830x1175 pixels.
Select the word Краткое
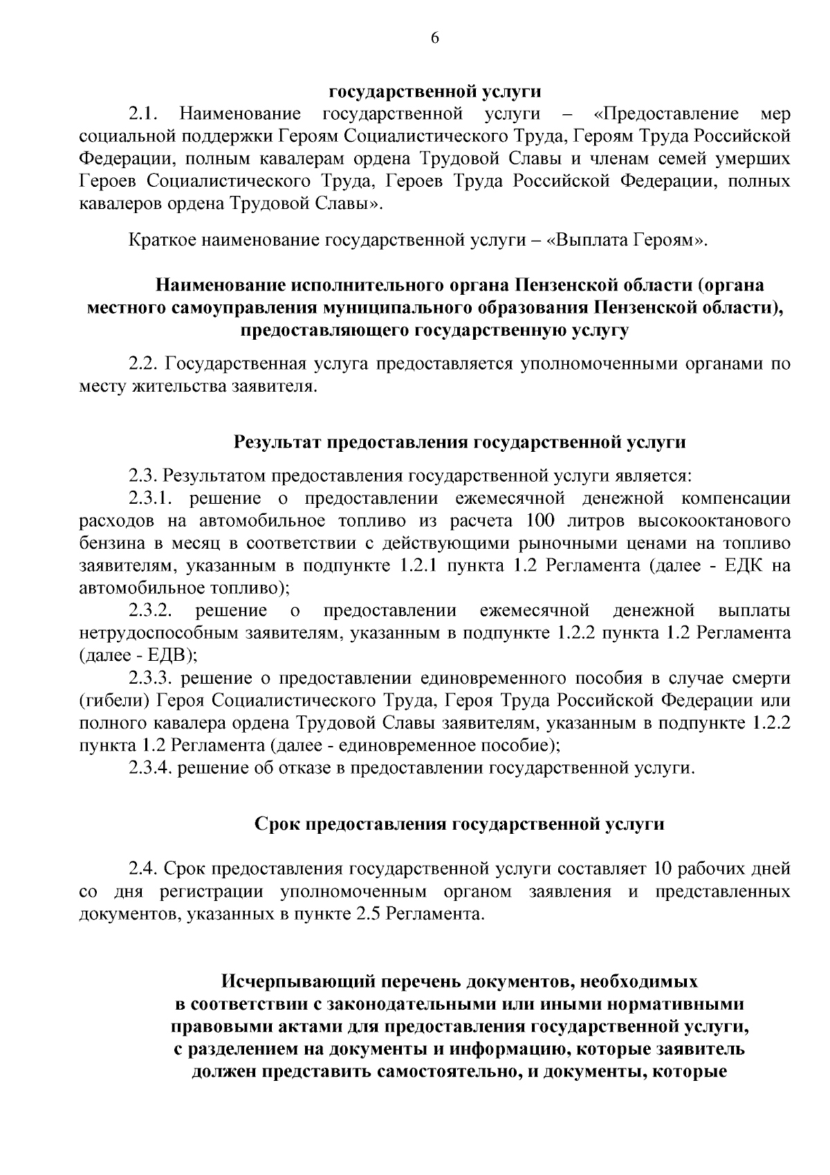point(162,241)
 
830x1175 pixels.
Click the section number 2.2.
point(145,364)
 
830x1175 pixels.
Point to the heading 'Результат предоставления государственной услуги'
point(459,441)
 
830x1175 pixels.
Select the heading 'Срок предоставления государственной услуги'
point(459,823)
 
